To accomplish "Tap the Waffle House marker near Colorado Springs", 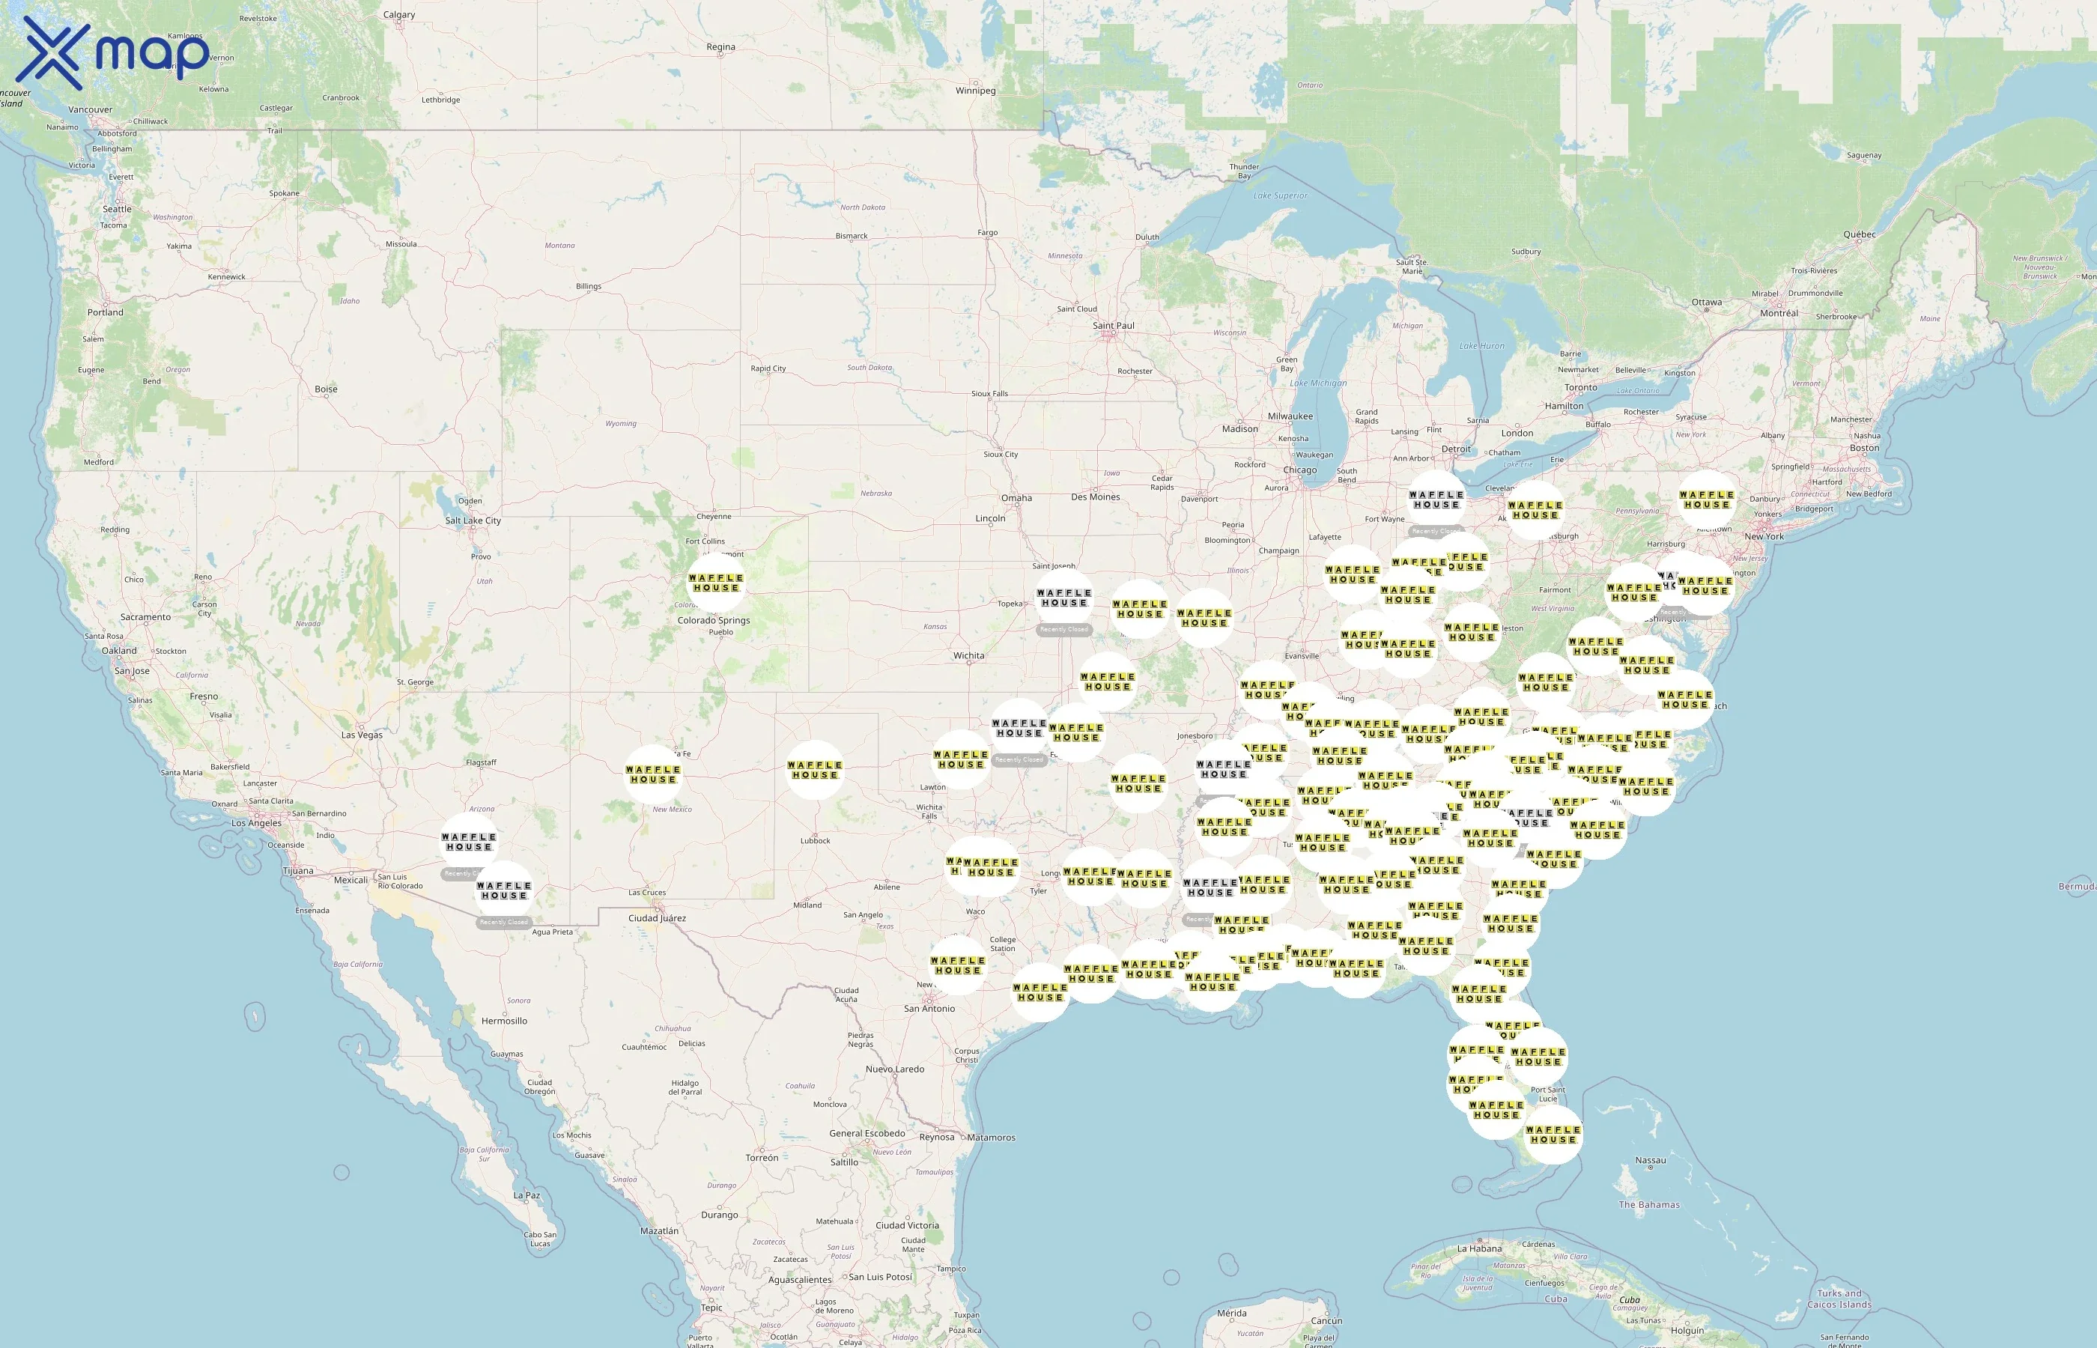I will click(716, 582).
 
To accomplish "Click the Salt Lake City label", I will click(473, 520).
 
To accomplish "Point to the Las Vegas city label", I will click(362, 735).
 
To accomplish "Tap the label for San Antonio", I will click(929, 1008).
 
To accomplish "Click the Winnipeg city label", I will click(975, 91).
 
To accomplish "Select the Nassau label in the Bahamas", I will click(1651, 1161).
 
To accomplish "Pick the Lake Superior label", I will click(1280, 196).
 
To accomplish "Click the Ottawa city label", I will click(1707, 302).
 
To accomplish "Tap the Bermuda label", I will click(2076, 887).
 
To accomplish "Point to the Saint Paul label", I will click(1113, 326).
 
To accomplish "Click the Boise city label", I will click(326, 389).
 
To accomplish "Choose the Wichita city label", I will click(969, 655).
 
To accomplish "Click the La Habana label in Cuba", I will click(1479, 1248).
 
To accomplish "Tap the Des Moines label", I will click(1095, 497).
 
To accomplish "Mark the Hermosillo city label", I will click(504, 1021).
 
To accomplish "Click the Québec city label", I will click(1860, 234).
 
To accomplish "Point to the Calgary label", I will click(399, 15).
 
